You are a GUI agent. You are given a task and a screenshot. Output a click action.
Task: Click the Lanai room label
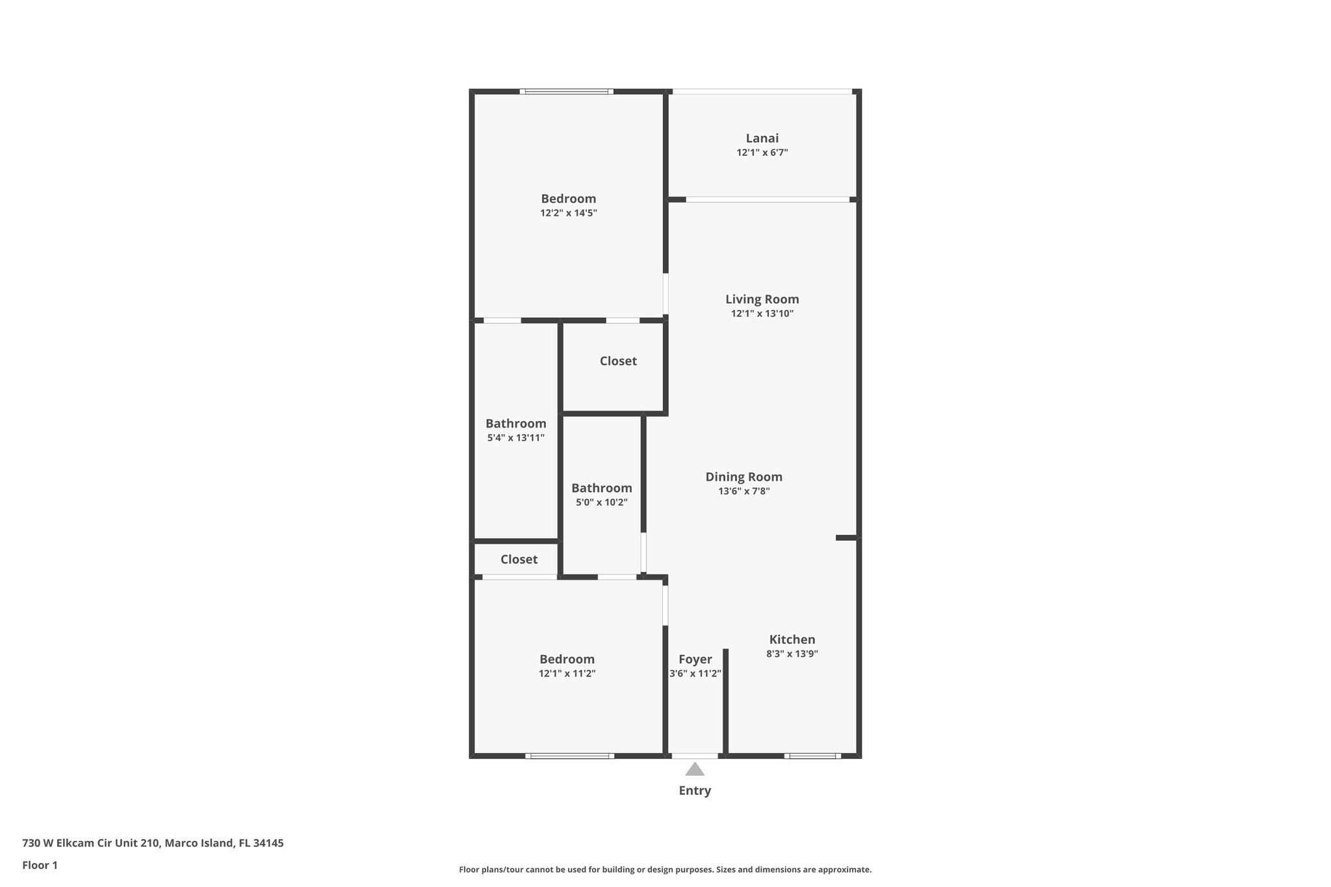point(762,138)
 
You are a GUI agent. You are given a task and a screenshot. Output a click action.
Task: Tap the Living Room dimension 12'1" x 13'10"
point(762,314)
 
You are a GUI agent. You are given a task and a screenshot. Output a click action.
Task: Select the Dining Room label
point(743,477)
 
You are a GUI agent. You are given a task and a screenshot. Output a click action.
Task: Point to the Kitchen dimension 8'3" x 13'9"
point(792,654)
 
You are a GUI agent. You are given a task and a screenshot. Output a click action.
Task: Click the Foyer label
point(695,659)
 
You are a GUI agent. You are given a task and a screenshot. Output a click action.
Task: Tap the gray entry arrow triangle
point(695,770)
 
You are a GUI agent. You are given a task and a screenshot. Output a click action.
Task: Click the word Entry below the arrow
point(695,791)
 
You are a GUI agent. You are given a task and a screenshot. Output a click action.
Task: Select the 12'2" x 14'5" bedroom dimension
point(568,213)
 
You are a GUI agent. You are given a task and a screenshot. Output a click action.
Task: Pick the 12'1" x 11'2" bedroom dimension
point(567,674)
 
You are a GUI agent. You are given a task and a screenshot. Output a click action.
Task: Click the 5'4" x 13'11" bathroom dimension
point(515,438)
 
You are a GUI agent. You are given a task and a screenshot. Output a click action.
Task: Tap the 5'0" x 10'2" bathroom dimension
point(601,502)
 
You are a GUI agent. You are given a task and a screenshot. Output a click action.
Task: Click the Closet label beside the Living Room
point(617,361)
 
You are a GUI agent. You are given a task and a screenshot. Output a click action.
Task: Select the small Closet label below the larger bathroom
point(519,559)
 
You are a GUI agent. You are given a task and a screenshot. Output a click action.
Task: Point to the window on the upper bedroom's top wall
point(566,92)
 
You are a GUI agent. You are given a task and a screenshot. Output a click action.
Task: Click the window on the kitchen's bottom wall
point(812,756)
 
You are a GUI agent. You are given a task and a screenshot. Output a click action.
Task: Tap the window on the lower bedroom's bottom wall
point(569,756)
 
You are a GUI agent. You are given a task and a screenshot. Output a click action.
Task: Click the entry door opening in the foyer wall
point(695,756)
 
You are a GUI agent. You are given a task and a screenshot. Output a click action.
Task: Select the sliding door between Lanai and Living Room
point(767,199)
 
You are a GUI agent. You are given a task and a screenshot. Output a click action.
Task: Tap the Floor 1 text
point(40,865)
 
